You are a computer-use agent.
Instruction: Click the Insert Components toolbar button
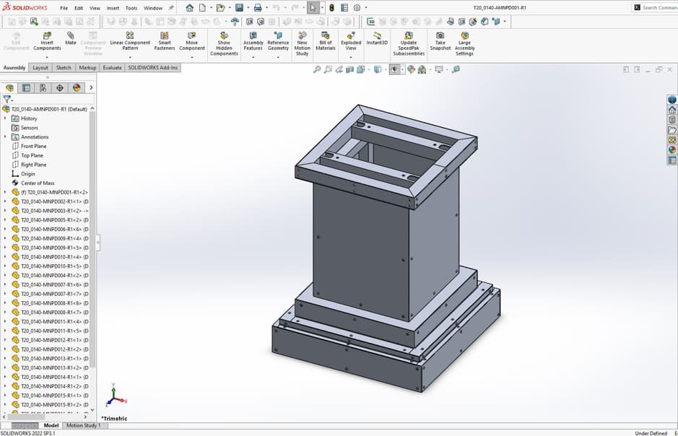tap(47, 41)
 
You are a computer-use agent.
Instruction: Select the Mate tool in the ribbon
tap(71, 38)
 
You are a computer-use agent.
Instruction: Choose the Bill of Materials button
tap(326, 41)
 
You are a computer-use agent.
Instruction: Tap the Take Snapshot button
tap(440, 41)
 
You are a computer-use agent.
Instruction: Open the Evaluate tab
tap(112, 68)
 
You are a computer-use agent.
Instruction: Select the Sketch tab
tap(64, 68)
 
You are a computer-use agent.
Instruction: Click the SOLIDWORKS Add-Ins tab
tap(152, 68)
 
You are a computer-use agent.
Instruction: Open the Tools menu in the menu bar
tap(131, 8)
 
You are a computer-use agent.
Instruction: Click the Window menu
tap(153, 8)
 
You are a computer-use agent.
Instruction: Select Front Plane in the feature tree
tap(33, 146)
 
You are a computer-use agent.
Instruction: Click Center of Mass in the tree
tap(38, 183)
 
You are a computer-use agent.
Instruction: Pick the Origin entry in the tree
tap(27, 174)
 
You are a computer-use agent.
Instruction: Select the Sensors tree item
tap(29, 128)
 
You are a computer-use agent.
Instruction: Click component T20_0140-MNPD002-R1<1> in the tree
tap(54, 201)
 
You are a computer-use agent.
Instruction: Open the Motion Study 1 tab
tap(83, 426)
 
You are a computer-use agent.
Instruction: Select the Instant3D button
tap(376, 38)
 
